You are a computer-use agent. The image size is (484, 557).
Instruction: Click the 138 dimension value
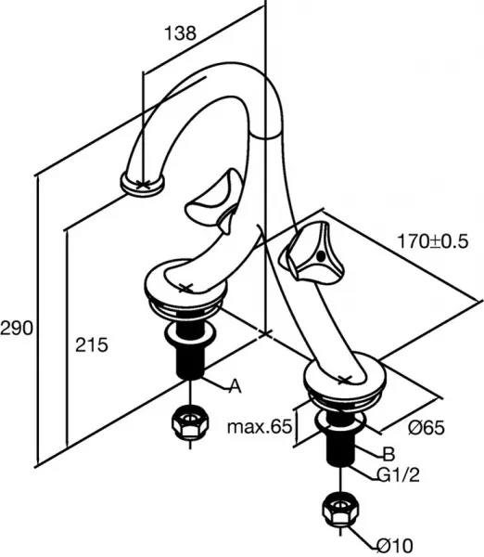click(x=180, y=33)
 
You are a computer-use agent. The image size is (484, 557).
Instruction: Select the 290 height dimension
click(x=17, y=328)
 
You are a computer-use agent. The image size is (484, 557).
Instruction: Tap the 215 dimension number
click(x=92, y=344)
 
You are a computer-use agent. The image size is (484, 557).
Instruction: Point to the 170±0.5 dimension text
click(x=433, y=241)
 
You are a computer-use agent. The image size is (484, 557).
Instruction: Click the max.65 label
click(x=260, y=426)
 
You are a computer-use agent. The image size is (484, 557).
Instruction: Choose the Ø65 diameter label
click(x=427, y=427)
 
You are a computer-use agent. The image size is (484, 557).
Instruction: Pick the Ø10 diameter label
click(x=395, y=545)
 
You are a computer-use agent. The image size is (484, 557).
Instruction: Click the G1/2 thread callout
click(x=398, y=475)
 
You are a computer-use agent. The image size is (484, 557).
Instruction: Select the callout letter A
click(x=235, y=386)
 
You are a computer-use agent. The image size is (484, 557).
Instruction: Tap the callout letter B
click(x=388, y=454)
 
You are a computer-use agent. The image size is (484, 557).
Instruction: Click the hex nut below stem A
click(x=190, y=422)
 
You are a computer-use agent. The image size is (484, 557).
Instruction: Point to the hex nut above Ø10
click(x=340, y=510)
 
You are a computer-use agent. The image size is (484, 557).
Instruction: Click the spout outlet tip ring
click(x=143, y=184)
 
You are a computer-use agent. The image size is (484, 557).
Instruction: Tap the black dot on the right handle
click(x=321, y=256)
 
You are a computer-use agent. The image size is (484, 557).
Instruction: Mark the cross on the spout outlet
click(x=143, y=184)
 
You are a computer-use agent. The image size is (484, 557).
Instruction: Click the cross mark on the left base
click(x=185, y=288)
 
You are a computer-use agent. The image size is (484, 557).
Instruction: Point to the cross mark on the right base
click(x=344, y=380)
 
